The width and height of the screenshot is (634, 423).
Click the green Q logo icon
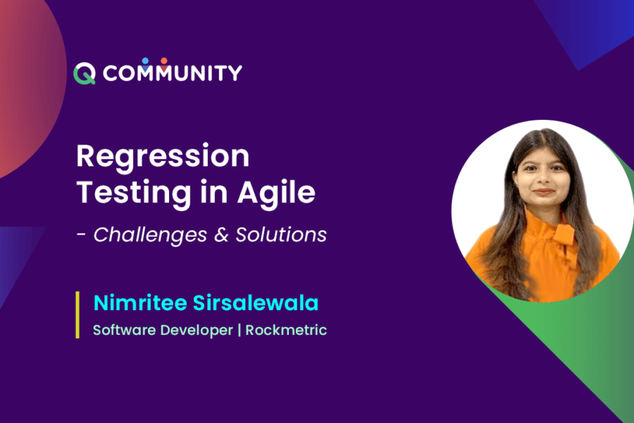click(85, 73)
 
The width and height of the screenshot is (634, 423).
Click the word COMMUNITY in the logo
click(173, 73)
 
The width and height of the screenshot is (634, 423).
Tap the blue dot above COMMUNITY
click(145, 61)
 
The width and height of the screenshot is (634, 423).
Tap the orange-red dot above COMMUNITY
click(163, 61)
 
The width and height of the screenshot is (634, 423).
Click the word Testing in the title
click(134, 193)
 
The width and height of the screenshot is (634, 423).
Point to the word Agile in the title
click(276, 193)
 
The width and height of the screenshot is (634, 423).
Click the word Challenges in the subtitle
click(150, 235)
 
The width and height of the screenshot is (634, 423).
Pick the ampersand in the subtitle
click(221, 235)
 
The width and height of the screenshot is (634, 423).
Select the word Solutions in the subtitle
click(281, 235)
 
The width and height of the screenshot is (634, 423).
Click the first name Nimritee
click(140, 302)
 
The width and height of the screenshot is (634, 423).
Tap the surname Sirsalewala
click(256, 302)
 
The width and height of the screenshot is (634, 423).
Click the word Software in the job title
click(124, 330)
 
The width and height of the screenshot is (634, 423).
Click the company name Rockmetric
click(286, 330)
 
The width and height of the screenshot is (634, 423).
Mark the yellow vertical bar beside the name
click(77, 314)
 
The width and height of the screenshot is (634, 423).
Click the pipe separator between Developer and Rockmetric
click(240, 330)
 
